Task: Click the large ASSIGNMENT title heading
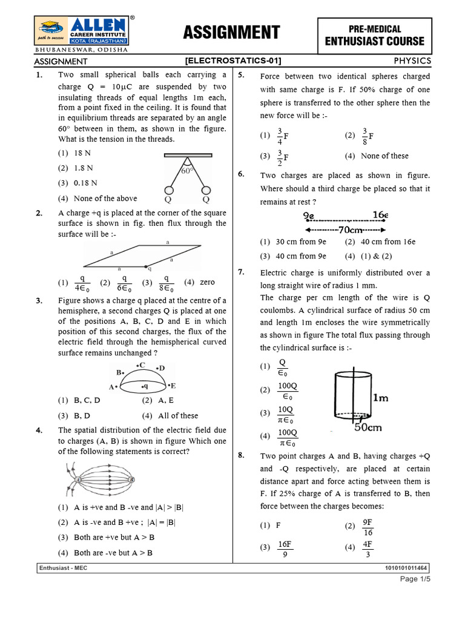click(x=232, y=33)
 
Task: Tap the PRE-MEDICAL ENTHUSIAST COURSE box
click(x=375, y=36)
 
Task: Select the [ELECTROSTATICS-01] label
click(x=233, y=61)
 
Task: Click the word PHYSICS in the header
click(x=412, y=61)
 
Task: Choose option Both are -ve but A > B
click(x=105, y=553)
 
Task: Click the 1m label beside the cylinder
click(x=381, y=398)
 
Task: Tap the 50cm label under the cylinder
click(x=368, y=427)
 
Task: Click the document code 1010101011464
click(x=406, y=569)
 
